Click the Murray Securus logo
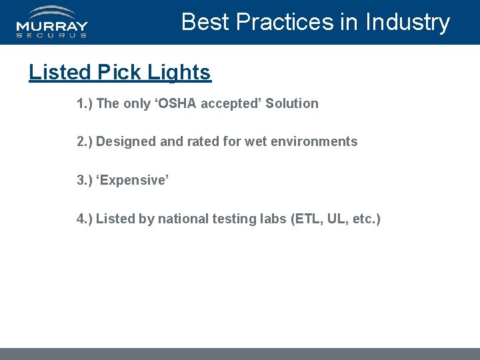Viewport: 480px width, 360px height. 52,22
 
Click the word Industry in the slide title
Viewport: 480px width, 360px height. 407,22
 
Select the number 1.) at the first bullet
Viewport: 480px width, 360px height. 85,103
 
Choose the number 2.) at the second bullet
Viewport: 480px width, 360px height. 85,141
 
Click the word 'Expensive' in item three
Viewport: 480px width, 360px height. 133,180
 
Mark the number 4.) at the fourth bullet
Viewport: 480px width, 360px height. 85,219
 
